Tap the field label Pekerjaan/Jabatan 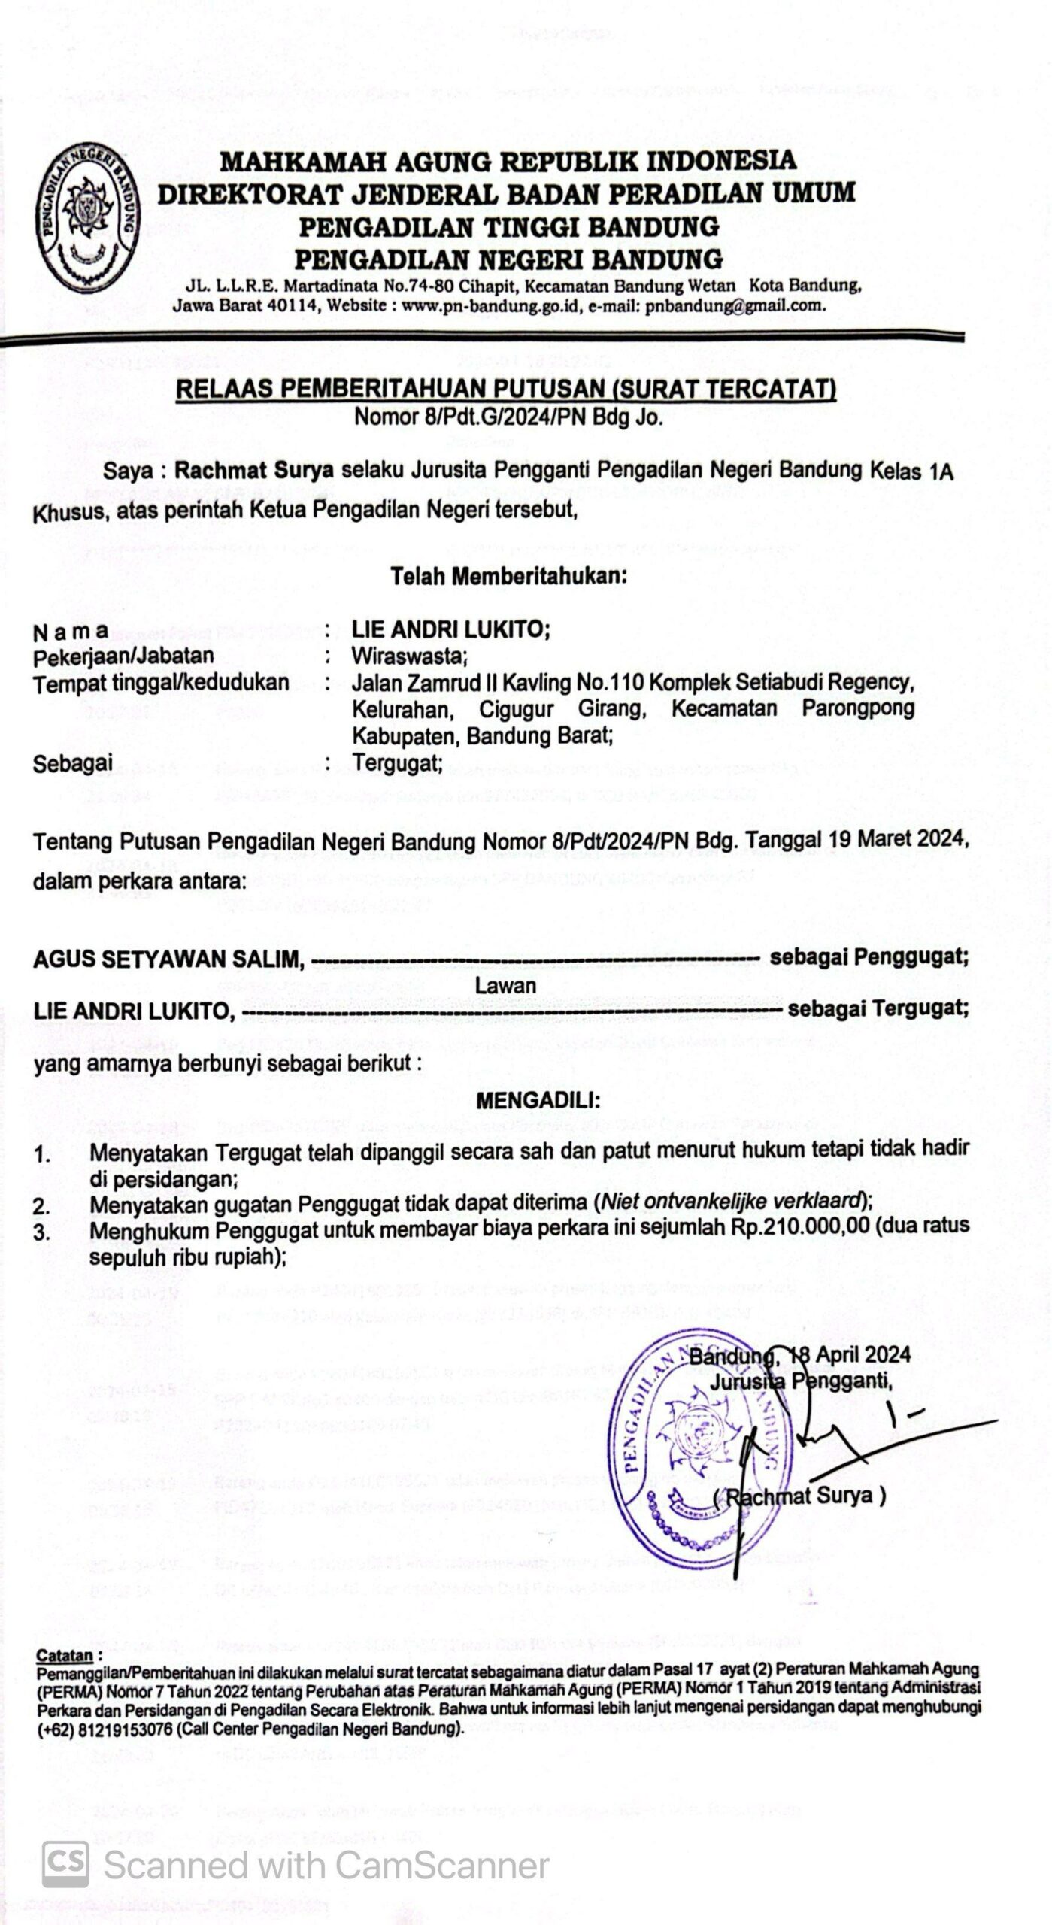point(123,656)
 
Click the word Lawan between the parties point(505,985)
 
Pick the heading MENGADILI point(538,1102)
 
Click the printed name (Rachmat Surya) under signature point(799,1496)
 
